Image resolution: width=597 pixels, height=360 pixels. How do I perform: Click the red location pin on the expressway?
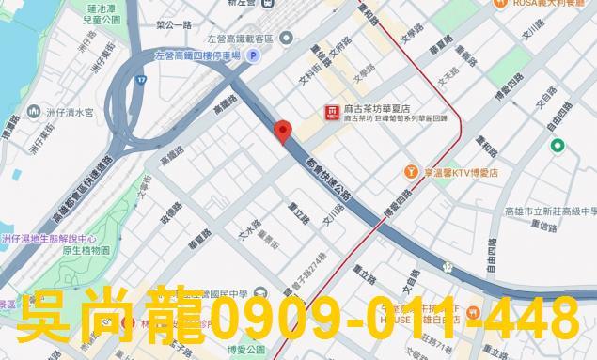(x=281, y=132)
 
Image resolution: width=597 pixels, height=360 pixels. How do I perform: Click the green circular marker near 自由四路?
(x=558, y=146)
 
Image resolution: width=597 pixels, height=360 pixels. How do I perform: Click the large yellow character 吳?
(x=49, y=320)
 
